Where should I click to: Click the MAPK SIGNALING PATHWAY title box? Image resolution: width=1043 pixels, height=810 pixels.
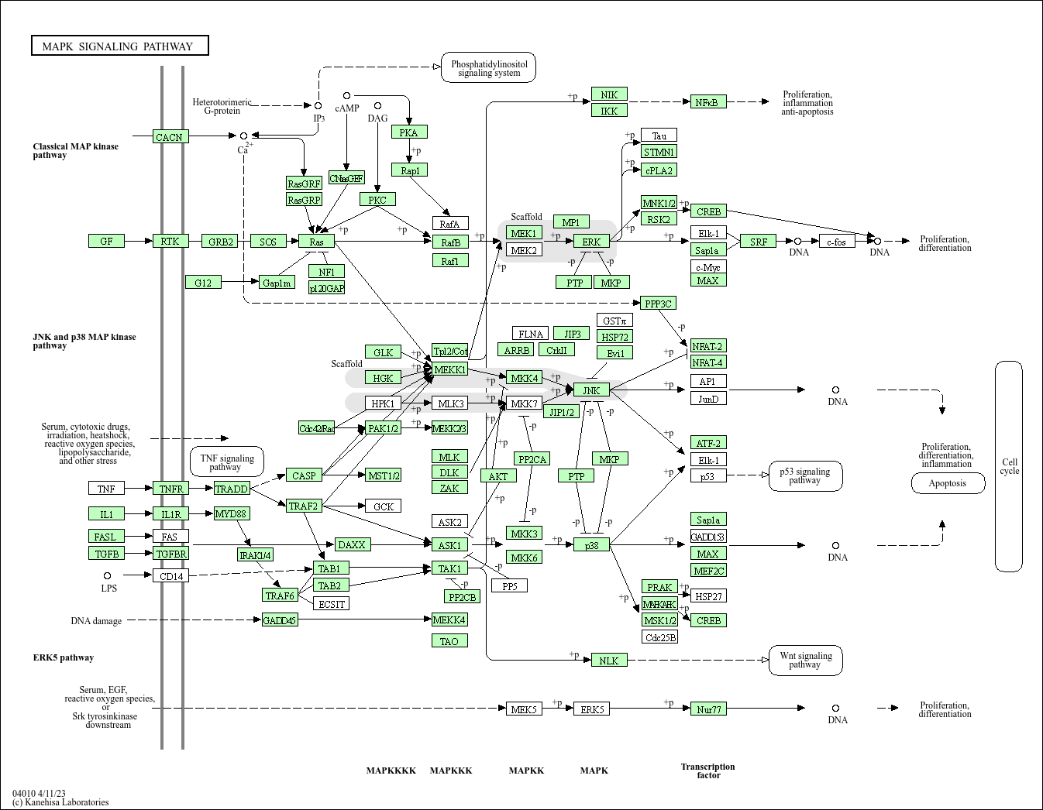[x=119, y=46]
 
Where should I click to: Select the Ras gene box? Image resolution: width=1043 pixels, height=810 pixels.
[x=316, y=242]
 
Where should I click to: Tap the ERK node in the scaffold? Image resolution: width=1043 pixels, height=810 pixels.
[x=591, y=242]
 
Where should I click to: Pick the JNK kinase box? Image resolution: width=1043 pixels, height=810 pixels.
[x=591, y=390]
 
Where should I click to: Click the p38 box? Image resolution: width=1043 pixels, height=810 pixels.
[x=591, y=545]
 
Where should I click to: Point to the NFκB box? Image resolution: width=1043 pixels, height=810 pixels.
[x=707, y=102]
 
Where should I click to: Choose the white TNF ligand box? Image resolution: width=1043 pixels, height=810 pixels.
[x=106, y=489]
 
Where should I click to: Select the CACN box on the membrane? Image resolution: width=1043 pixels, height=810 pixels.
[x=170, y=137]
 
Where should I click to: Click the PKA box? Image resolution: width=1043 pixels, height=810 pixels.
[x=409, y=132]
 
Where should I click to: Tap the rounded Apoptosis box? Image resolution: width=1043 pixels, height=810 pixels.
[x=948, y=483]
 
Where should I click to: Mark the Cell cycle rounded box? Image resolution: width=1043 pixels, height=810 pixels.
[x=1009, y=466]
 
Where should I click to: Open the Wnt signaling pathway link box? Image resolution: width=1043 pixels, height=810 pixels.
[x=805, y=661]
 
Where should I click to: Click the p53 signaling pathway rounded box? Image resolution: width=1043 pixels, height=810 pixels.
[x=805, y=476]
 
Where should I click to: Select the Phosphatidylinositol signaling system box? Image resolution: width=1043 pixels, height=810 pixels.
[x=489, y=68]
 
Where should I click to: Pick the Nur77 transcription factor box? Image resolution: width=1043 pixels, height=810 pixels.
[x=708, y=709]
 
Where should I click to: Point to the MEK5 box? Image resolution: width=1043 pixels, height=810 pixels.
[x=524, y=709]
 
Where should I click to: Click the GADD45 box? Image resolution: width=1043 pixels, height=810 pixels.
[x=279, y=620]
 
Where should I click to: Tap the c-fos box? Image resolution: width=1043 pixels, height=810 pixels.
[x=836, y=242]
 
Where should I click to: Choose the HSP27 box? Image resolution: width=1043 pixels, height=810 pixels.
[x=708, y=596]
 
